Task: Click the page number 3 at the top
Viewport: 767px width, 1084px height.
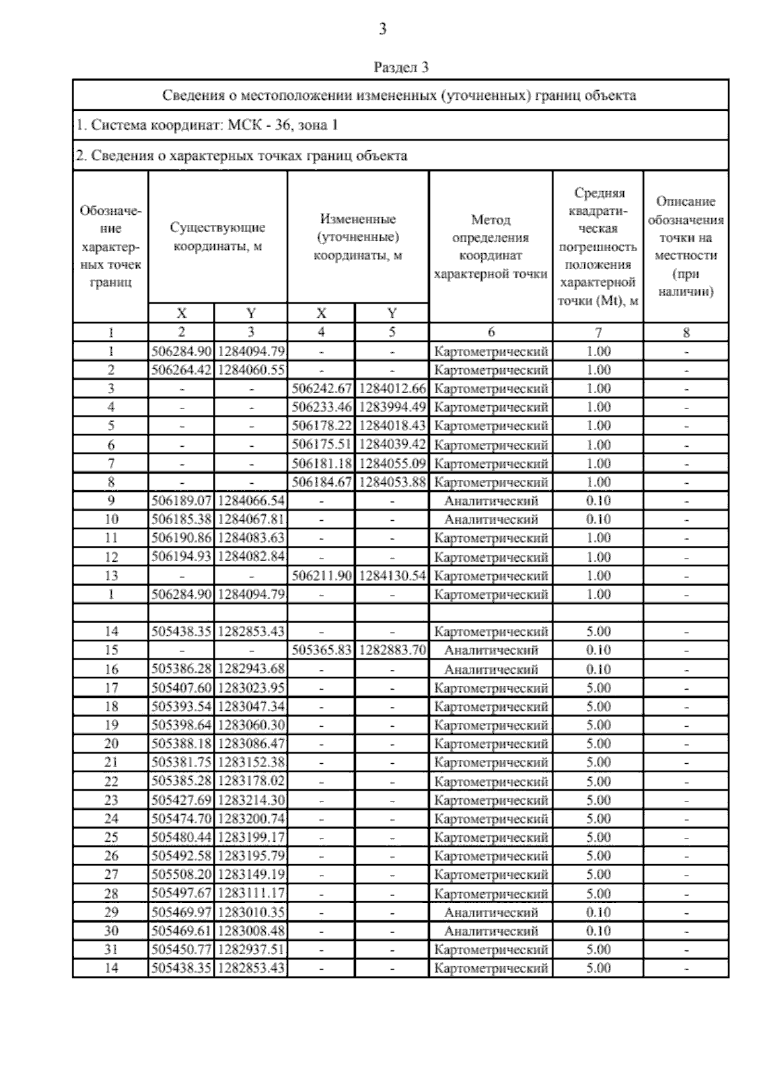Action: [x=382, y=29]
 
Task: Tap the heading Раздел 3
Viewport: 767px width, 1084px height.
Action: [x=401, y=67]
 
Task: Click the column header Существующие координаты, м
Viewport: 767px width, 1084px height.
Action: [x=218, y=236]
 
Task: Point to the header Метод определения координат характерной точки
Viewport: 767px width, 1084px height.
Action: [x=490, y=247]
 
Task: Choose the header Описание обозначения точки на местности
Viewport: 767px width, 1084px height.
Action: [x=686, y=247]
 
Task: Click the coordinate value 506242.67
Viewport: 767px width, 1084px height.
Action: [x=322, y=389]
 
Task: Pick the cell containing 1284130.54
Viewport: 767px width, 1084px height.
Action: [x=392, y=576]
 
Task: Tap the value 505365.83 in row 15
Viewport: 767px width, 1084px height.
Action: [x=322, y=651]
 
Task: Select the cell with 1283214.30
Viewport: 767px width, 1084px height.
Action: [x=251, y=800]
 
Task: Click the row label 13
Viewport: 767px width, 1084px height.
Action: [x=111, y=576]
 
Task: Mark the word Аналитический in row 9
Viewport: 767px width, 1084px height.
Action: [x=491, y=501]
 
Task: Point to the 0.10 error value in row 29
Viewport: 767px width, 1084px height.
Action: [x=598, y=913]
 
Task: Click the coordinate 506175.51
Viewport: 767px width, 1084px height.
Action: [x=322, y=445]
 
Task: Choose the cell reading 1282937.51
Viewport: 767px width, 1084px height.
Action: [x=251, y=950]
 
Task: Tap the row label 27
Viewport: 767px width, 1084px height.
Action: [x=111, y=875]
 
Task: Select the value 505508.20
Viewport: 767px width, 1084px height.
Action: [x=182, y=875]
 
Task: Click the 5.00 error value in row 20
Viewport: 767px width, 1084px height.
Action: [x=598, y=744]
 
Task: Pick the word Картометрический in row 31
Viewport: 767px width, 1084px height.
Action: [x=491, y=950]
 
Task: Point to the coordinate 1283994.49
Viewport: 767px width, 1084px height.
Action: [x=392, y=407]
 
